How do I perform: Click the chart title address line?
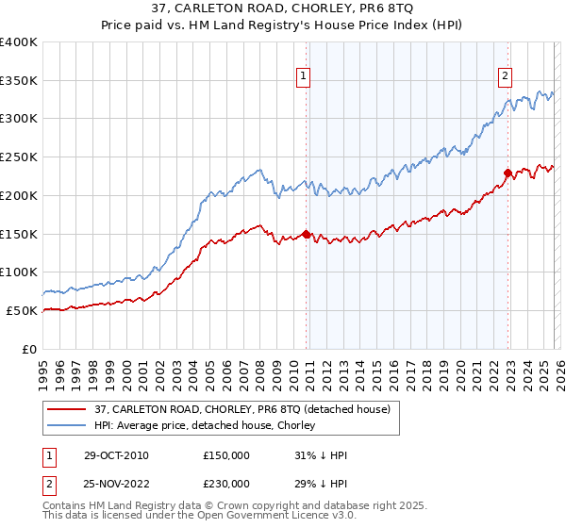(x=282, y=9)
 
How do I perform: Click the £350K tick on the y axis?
(x=19, y=81)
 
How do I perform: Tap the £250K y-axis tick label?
(x=19, y=157)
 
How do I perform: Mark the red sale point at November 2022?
(x=508, y=173)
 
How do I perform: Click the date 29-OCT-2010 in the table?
(x=116, y=455)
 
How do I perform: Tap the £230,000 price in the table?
(x=226, y=483)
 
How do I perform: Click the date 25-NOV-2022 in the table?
(x=116, y=483)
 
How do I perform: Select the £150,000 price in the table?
(x=226, y=455)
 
